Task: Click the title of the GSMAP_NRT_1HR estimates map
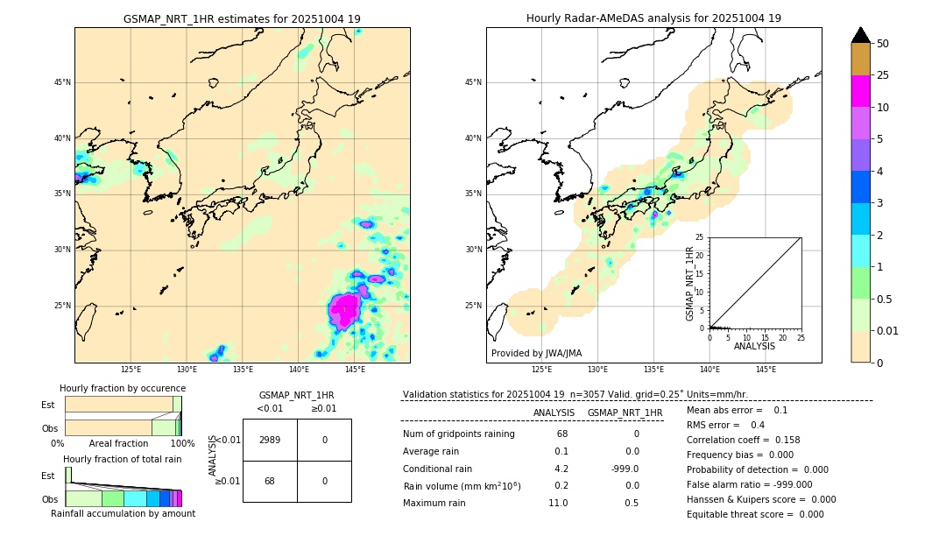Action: click(x=242, y=18)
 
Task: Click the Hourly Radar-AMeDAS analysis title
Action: click(x=653, y=18)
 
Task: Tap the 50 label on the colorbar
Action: click(x=883, y=44)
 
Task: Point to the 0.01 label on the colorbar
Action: click(x=888, y=330)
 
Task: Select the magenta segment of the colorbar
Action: click(x=860, y=91)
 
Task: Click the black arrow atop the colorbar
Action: click(x=860, y=35)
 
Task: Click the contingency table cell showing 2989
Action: click(x=270, y=440)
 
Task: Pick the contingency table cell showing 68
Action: click(x=270, y=481)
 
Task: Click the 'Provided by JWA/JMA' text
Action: click(x=536, y=354)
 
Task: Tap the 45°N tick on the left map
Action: click(x=62, y=82)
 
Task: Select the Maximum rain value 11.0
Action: click(x=558, y=503)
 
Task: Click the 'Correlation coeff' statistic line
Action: click(x=743, y=440)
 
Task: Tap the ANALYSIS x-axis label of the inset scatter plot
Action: click(x=754, y=346)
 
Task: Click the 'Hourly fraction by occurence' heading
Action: click(x=123, y=388)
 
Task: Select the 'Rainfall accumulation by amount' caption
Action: click(x=123, y=513)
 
